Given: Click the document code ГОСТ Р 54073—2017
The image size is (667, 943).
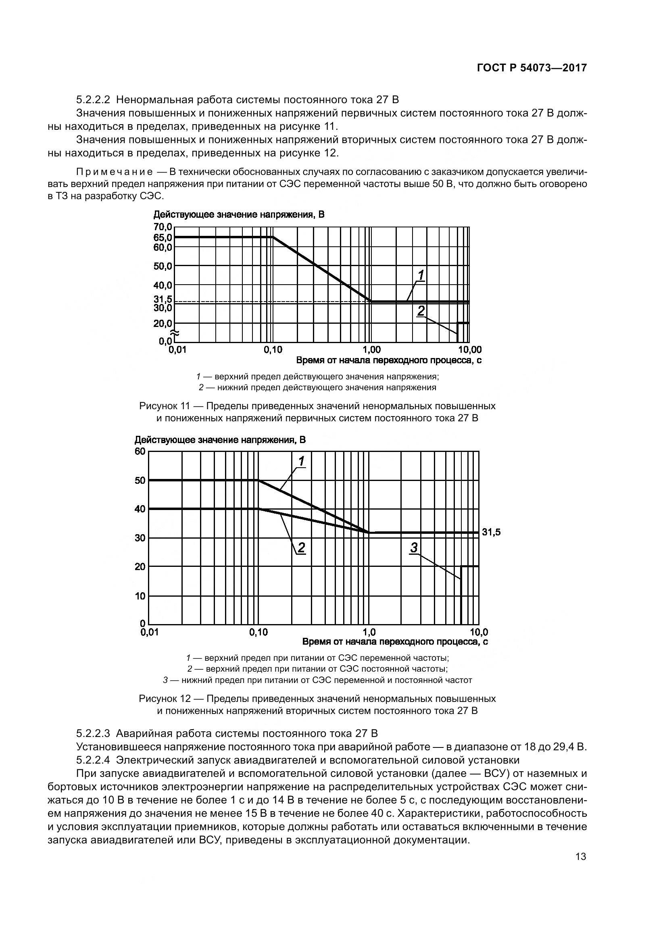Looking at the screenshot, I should (x=532, y=68).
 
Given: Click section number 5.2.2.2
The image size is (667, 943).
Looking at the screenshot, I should (x=93, y=100).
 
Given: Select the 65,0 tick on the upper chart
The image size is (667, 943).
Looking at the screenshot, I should (x=163, y=237).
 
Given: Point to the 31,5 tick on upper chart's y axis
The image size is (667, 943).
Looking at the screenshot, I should (x=163, y=300).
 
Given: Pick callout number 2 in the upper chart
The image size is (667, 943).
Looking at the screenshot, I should (x=421, y=311).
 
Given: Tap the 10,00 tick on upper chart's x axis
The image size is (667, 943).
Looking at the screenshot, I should (x=469, y=350).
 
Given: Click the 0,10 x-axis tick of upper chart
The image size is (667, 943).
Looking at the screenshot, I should (x=273, y=350).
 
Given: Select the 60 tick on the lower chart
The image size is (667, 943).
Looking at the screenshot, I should (x=140, y=452).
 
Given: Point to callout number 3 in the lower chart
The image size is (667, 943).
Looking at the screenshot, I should (x=414, y=547).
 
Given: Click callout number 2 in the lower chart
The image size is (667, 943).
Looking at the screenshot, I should (x=301, y=547).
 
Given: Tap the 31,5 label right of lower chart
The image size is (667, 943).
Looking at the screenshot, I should (x=491, y=532).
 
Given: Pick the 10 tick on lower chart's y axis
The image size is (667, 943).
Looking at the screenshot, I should (x=140, y=595).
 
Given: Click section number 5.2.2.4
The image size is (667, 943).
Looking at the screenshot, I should (x=93, y=760).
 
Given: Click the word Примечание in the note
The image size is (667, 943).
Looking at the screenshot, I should (x=115, y=172).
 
